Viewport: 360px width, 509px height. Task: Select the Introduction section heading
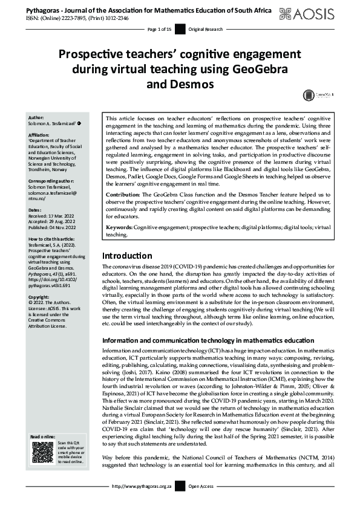click(x=127, y=273)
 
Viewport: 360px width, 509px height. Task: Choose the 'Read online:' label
click(x=44, y=436)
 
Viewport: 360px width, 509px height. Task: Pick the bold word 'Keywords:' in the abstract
click(x=119, y=227)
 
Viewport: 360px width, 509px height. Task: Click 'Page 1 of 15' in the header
click(x=160, y=29)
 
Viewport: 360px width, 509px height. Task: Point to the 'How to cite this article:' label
click(x=55, y=239)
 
